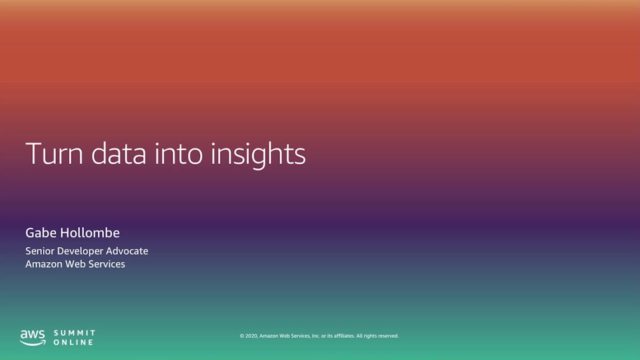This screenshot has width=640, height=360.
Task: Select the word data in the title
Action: [x=119, y=153]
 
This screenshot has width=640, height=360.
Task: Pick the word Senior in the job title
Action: [x=40, y=251]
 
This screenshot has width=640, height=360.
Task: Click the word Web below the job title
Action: [x=78, y=264]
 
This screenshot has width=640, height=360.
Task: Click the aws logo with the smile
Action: [x=32, y=337]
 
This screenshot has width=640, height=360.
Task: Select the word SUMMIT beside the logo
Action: [x=74, y=333]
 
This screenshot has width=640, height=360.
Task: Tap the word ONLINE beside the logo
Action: [x=73, y=342]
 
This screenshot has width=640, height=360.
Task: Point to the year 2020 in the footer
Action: [x=251, y=336]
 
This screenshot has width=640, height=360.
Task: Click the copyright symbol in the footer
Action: [x=242, y=336]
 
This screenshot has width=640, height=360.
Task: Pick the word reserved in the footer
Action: [x=388, y=336]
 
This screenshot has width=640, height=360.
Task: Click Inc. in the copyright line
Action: [x=315, y=336]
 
